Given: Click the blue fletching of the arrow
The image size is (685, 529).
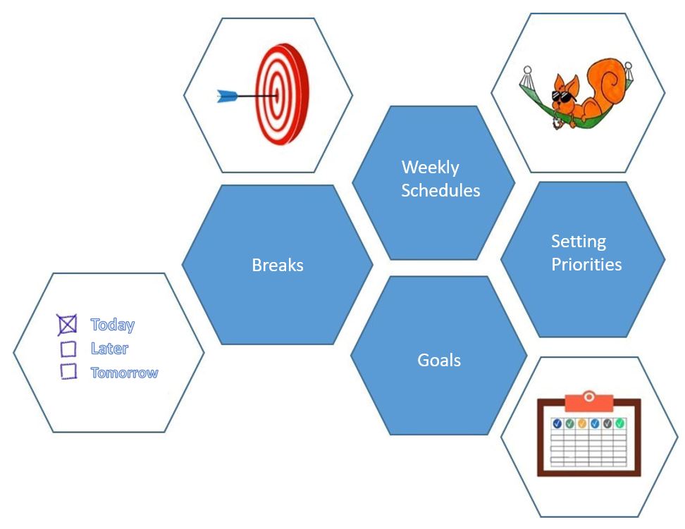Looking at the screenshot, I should tap(226, 96).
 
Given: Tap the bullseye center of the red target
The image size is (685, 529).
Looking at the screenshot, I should tap(277, 94).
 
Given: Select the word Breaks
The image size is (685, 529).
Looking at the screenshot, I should tap(278, 265).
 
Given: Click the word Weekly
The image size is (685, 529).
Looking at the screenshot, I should tap(430, 168).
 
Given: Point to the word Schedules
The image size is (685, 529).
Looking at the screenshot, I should tap(440, 190).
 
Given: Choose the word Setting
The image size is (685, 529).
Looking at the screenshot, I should tap(578, 242).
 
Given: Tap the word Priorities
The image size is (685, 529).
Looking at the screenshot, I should tap(586, 265).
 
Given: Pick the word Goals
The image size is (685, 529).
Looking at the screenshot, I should tap(439, 360).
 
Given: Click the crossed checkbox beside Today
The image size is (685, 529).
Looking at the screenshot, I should tap(67, 325).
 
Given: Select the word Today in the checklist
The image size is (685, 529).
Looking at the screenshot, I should tap(113, 325).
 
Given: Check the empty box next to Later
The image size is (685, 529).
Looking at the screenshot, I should tap(68, 349).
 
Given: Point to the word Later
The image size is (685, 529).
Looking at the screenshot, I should tap(109, 348).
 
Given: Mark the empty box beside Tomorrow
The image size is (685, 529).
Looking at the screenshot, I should tap(68, 371).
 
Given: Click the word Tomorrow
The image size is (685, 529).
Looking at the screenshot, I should tap(124, 373).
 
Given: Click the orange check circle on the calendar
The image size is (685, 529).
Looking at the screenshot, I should tap(582, 423).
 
